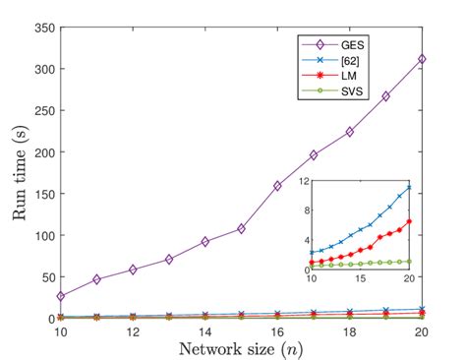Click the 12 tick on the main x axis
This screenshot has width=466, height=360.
tap(133, 330)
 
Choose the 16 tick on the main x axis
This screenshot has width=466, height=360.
tap(277, 330)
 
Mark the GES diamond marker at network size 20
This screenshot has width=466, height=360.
tap(422, 59)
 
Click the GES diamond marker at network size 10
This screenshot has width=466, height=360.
tap(61, 296)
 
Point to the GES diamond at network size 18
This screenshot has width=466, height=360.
tap(350, 132)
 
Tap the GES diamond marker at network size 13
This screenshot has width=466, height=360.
tap(169, 259)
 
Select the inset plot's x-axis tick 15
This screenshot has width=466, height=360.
tap(360, 279)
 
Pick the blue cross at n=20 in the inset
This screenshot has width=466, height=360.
tap(409, 187)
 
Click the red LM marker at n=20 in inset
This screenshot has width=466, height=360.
tap(409, 221)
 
